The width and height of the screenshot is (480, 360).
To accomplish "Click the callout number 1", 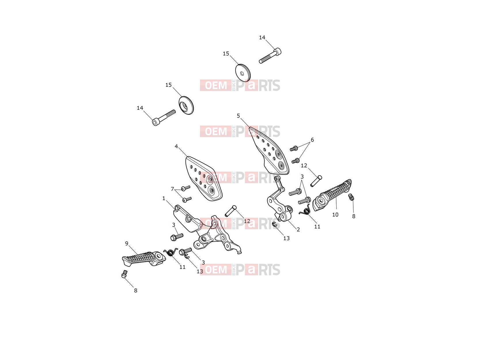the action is (x=164, y=198).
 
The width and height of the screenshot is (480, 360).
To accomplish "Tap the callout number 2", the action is (x=298, y=229).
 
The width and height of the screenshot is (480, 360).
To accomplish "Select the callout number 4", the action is (x=176, y=146).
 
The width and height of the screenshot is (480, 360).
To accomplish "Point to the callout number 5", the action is (x=238, y=115).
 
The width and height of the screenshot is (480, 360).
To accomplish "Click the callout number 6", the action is (x=312, y=140).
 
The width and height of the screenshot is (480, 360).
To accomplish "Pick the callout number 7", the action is (x=172, y=189).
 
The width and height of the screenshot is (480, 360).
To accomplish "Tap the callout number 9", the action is (x=126, y=243).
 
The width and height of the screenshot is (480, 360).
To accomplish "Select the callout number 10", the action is (x=335, y=215).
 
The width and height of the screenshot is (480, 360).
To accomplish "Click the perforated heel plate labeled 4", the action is (x=204, y=178).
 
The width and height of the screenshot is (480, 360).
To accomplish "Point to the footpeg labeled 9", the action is (x=144, y=259).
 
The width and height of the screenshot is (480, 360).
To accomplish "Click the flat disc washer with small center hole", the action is (x=243, y=73).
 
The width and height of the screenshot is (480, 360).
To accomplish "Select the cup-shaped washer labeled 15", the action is (x=186, y=105).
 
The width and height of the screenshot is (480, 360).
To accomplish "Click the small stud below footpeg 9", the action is (x=124, y=274).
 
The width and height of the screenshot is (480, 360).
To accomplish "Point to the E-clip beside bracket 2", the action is (x=275, y=224).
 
